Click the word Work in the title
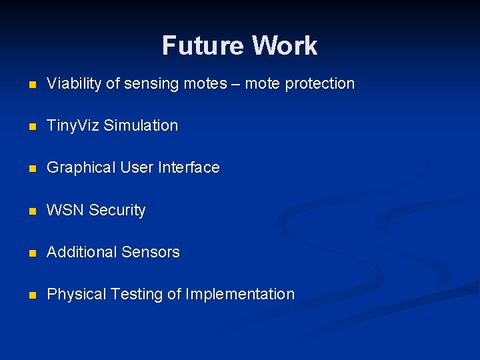pos(285,46)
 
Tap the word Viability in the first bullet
pos(75,84)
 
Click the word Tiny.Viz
pos(73,126)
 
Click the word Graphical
pos(81,168)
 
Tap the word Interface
pos(189,168)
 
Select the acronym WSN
pos(65,210)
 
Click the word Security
pos(117,210)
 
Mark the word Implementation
pos(240,294)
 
